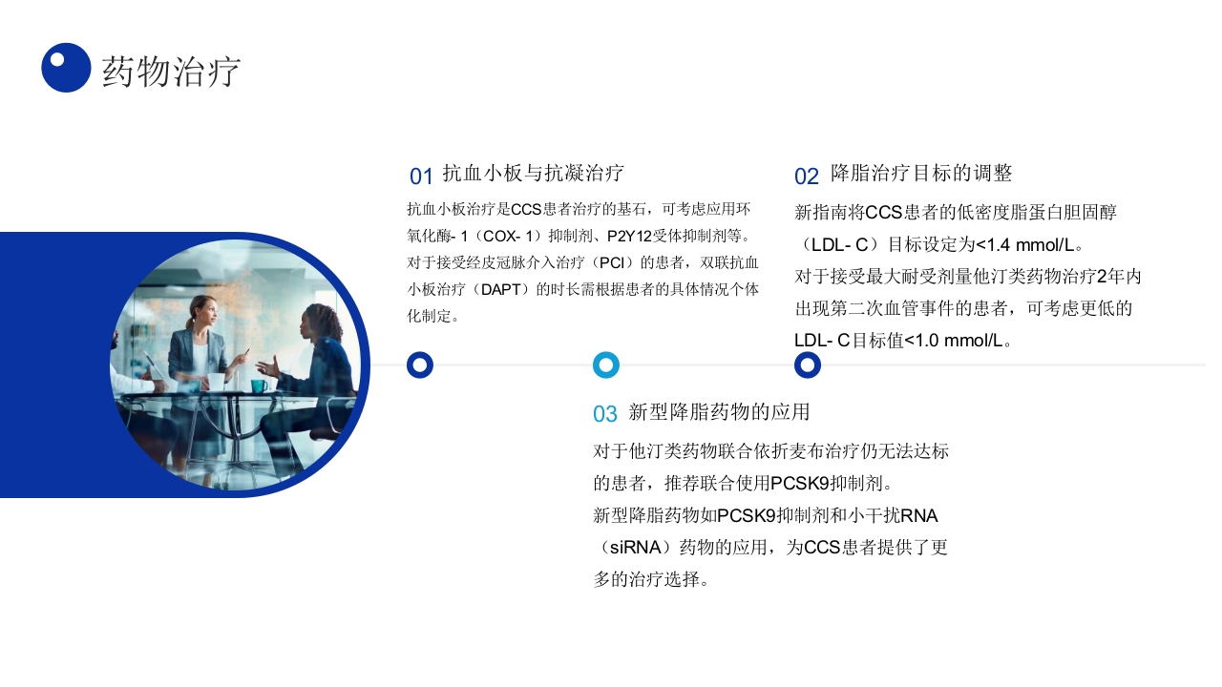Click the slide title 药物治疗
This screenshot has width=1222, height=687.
(171, 72)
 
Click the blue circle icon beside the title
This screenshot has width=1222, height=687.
(66, 68)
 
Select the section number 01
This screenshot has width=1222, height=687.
(421, 177)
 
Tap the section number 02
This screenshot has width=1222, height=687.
(807, 177)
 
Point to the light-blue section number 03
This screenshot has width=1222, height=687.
(605, 414)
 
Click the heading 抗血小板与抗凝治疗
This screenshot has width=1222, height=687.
(533, 173)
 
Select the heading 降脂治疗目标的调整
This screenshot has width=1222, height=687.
(921, 173)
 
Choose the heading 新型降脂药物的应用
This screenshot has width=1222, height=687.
(719, 412)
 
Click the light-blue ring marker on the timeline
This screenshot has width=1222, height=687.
(606, 364)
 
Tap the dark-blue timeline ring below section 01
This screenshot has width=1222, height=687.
(420, 364)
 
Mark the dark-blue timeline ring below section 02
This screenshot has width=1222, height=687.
(808, 364)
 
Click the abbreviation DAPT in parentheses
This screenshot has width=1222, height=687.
(500, 289)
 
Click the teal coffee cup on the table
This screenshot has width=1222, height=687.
(258, 385)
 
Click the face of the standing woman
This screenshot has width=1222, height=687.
(205, 311)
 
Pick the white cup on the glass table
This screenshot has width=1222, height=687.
(216, 382)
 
